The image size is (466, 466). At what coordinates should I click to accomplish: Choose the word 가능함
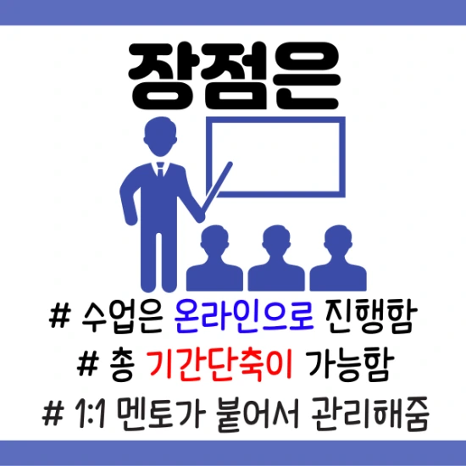(x=348, y=366)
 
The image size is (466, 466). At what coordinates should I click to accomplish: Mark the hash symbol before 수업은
(x=60, y=320)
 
